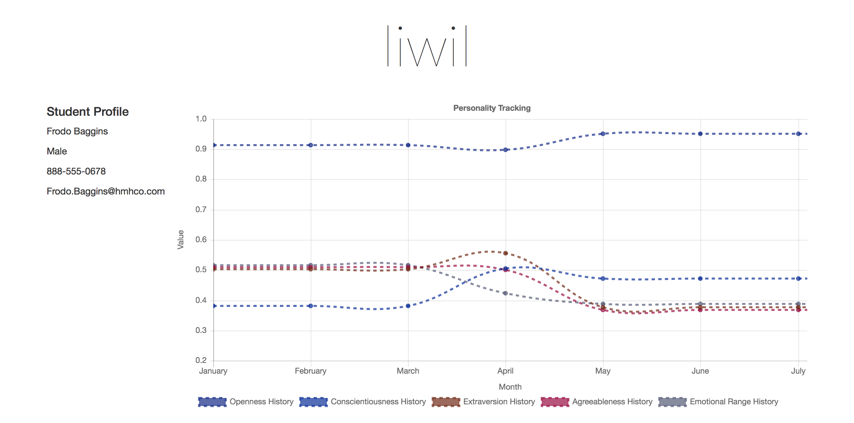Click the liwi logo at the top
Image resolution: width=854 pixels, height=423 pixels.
[427, 46]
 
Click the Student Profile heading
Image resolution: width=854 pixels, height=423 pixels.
[87, 112]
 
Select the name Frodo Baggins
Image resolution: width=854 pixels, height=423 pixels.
[77, 131]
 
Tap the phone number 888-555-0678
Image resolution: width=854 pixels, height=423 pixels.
[76, 171]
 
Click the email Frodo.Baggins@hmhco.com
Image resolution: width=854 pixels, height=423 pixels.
[105, 191]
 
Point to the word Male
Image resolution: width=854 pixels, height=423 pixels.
[57, 151]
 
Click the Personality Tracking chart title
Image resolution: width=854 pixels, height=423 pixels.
[492, 108]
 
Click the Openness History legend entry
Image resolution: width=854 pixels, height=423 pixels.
[246, 402]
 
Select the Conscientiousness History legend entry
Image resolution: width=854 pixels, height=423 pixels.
[363, 402]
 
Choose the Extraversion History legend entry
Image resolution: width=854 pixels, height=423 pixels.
[484, 402]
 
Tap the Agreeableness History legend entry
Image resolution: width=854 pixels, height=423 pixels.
[597, 402]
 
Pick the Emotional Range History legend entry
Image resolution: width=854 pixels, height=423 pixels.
[719, 402]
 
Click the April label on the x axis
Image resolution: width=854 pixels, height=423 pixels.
[505, 371]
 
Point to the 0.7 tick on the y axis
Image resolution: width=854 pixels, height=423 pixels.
[201, 209]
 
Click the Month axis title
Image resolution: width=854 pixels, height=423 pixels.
[510, 387]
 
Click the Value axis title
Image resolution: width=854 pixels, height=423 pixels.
[180, 240]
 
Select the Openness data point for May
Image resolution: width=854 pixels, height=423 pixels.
[603, 134]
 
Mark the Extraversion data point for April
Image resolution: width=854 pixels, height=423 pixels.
[505, 253]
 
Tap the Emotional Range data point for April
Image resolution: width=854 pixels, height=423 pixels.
[505, 293]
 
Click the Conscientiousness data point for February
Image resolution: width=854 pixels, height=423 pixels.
[311, 306]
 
